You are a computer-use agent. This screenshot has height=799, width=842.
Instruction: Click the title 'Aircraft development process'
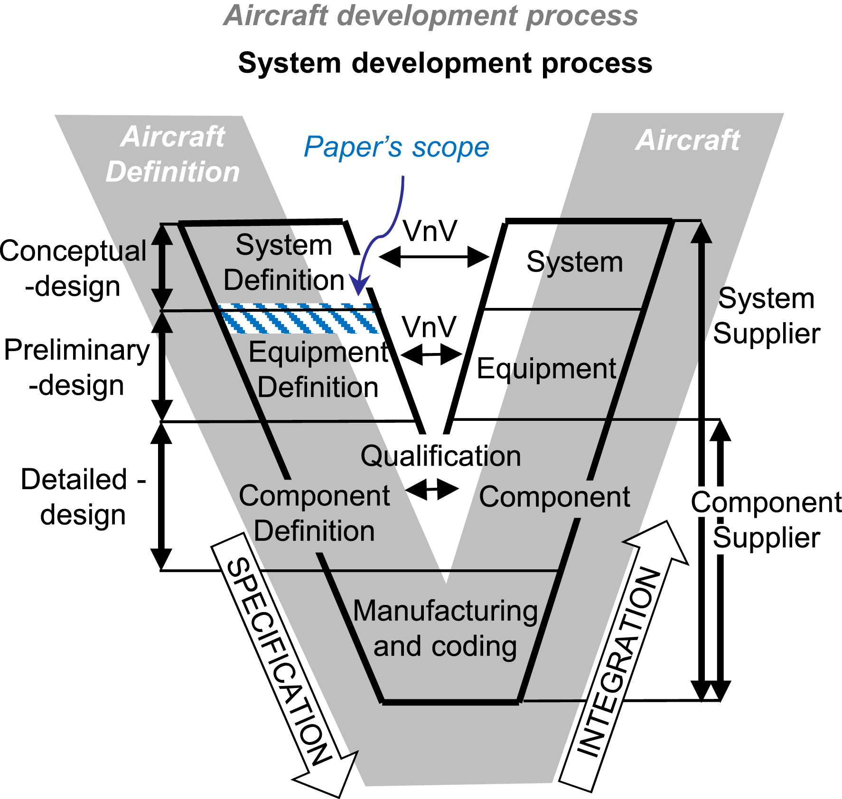click(431, 16)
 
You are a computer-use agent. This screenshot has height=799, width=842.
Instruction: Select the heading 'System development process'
click(445, 63)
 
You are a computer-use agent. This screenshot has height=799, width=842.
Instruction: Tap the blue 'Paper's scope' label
click(396, 147)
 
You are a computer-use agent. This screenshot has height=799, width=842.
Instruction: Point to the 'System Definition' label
click(284, 262)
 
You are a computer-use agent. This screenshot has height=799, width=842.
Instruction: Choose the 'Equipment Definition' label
click(318, 369)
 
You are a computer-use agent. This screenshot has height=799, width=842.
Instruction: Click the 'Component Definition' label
click(314, 513)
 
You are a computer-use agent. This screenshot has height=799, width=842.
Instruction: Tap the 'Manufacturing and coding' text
click(445, 628)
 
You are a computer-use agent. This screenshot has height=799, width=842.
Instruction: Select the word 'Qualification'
click(440, 456)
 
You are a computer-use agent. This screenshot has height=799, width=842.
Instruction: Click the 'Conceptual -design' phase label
click(73, 269)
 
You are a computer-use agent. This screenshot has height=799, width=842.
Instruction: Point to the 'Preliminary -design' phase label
click(77, 368)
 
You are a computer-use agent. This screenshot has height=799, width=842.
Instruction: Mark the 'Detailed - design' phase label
click(84, 497)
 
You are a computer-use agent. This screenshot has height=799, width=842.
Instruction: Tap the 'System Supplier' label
click(767, 316)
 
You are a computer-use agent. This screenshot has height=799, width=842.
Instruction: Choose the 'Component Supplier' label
click(767, 520)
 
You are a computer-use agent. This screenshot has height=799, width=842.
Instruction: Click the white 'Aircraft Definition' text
click(173, 154)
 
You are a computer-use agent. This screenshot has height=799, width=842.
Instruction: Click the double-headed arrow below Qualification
click(432, 490)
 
